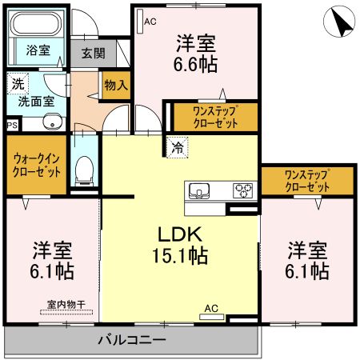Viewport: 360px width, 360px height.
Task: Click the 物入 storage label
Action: coord(115,85)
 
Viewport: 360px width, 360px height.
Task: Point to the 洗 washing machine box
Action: coord(17,83)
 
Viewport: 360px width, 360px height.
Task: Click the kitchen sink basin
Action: coord(199,190)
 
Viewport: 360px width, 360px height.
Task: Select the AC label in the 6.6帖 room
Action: coord(149,22)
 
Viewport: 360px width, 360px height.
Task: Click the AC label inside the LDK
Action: coord(211,308)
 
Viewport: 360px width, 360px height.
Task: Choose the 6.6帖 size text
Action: coord(196,64)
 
